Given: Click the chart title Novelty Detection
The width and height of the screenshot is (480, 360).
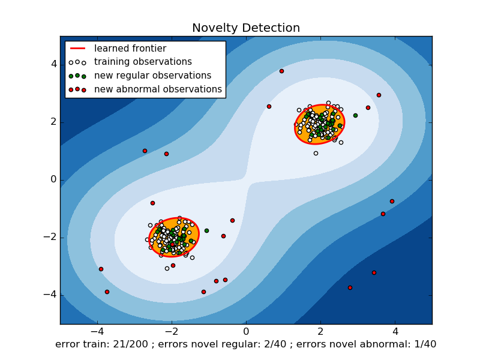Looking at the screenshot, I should (246, 28).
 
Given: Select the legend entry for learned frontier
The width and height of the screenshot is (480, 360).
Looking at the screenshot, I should (130, 49).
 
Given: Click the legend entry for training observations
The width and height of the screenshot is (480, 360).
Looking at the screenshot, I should (143, 62).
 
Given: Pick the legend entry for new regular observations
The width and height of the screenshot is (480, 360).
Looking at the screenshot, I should (152, 76).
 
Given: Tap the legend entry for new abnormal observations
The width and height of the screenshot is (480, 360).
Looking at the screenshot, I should (158, 89).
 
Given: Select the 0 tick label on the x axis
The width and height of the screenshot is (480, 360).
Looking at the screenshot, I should (246, 331).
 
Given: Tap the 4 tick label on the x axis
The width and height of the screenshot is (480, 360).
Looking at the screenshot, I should (395, 331).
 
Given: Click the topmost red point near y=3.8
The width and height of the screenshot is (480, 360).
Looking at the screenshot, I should (281, 71).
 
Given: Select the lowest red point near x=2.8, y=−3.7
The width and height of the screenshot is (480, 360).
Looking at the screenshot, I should (350, 287).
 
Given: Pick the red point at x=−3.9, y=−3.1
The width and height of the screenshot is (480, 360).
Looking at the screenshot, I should (101, 269).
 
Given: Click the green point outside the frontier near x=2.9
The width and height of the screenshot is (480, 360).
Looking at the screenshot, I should (355, 115).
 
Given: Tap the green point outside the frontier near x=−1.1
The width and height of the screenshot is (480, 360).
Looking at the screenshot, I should (206, 230).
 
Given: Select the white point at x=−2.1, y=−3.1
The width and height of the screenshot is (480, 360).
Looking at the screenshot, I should (167, 268).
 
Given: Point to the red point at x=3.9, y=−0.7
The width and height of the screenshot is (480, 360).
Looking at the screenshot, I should (392, 201).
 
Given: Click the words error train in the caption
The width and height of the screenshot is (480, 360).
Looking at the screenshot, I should (77, 344).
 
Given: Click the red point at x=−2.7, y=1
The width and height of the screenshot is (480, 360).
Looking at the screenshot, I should (145, 151).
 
